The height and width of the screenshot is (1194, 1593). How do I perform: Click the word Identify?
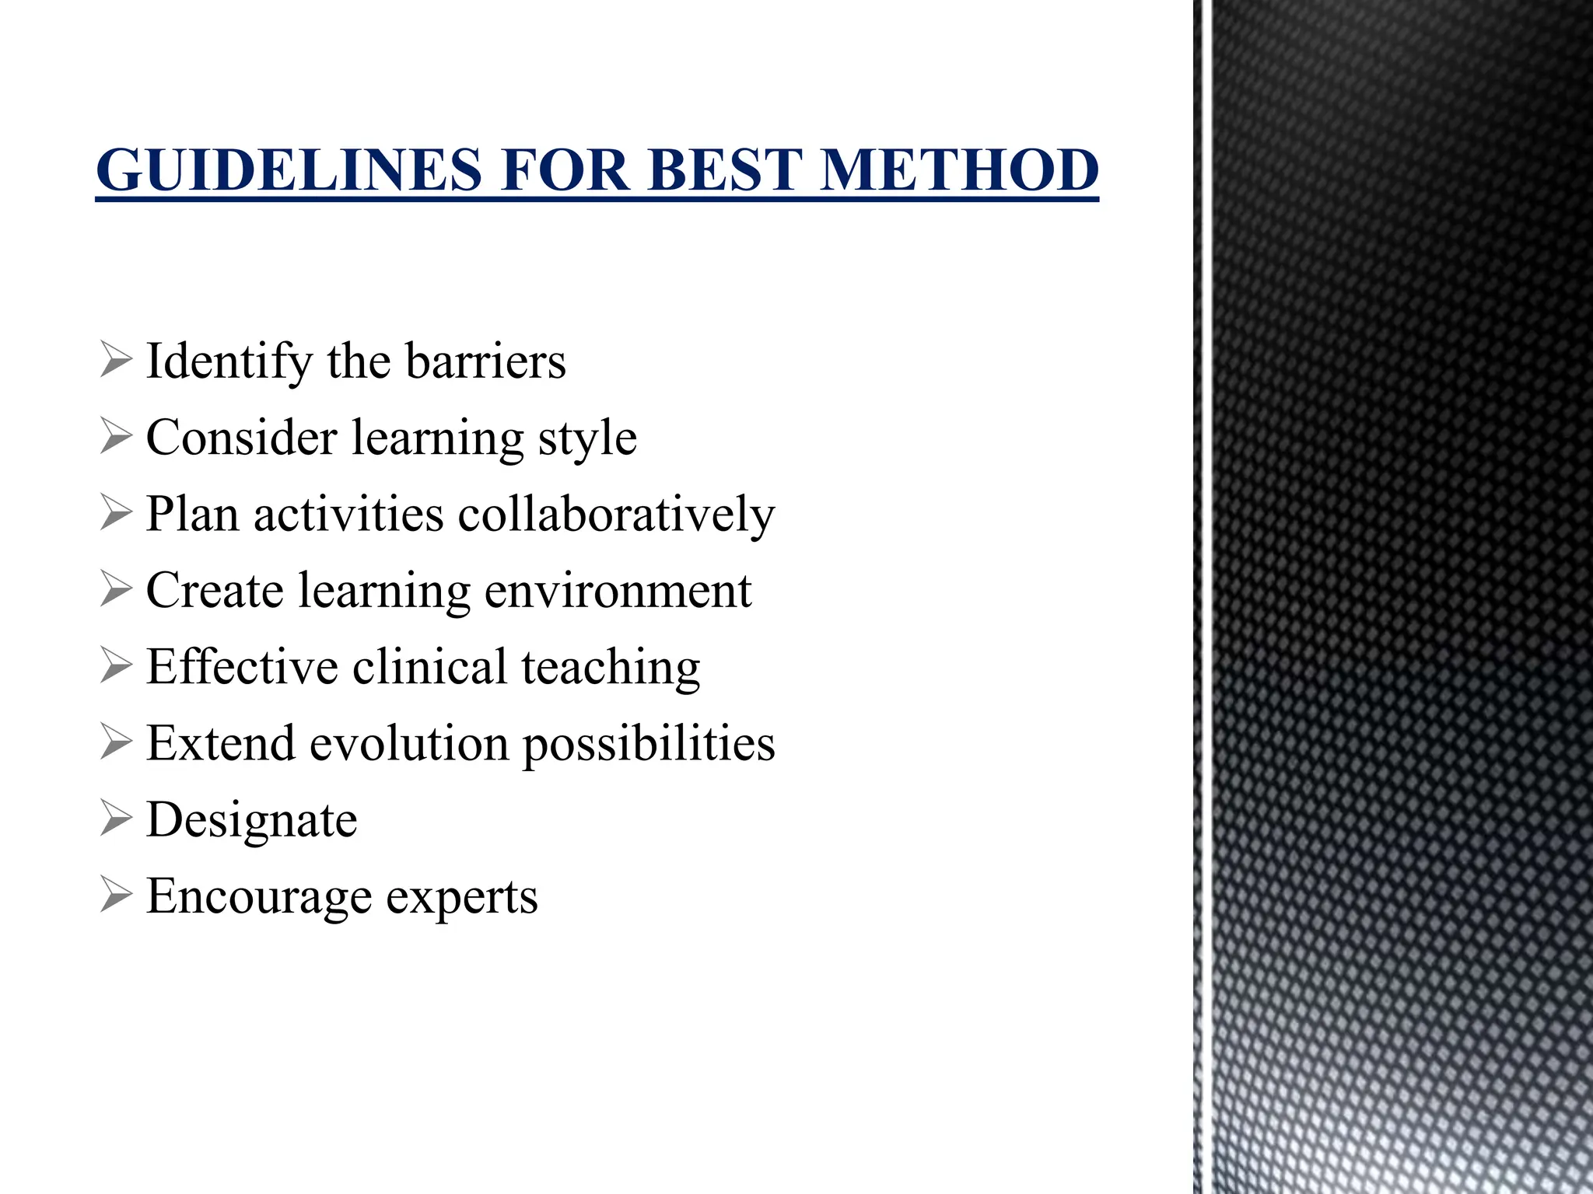[x=229, y=362]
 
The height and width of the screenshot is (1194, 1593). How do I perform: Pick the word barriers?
[x=485, y=362]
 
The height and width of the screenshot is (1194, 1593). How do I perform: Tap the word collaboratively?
[x=616, y=515]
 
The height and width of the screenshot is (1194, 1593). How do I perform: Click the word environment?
[x=618, y=591]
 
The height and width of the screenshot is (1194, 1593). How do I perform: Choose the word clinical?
[x=429, y=667]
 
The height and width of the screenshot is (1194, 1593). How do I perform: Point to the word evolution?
[x=409, y=743]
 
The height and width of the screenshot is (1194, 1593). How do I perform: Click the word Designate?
[x=252, y=821]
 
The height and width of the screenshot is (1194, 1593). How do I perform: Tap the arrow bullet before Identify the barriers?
[x=115, y=362]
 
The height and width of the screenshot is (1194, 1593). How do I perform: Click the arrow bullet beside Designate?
[x=115, y=820]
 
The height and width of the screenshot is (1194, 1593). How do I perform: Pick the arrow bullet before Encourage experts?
[x=115, y=896]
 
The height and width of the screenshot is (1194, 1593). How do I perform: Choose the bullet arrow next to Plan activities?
[x=115, y=515]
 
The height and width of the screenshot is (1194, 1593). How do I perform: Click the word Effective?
[x=242, y=667]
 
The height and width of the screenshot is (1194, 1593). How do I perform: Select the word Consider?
[x=241, y=438]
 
